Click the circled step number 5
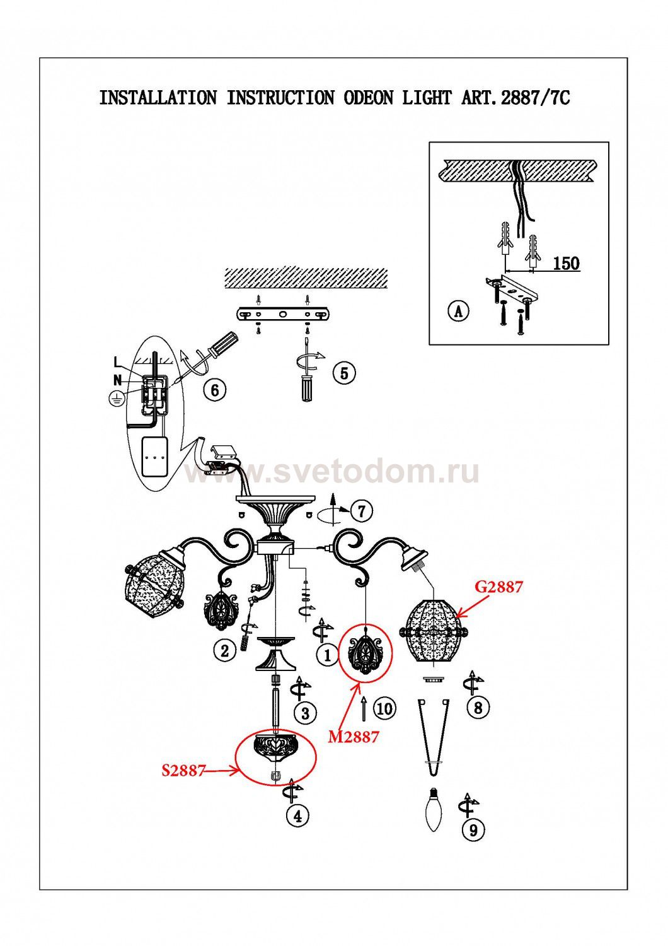(x=343, y=373)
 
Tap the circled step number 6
(x=215, y=390)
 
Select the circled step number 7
(x=361, y=511)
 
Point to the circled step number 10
(x=384, y=708)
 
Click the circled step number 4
(x=297, y=816)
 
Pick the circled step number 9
(x=473, y=830)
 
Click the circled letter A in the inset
(x=459, y=311)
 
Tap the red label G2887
(x=498, y=587)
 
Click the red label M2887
(x=354, y=736)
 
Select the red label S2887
(x=183, y=770)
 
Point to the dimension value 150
(x=566, y=263)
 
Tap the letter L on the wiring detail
(x=117, y=362)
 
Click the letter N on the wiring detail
(x=117, y=380)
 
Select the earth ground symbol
(x=115, y=398)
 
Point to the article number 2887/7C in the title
(x=534, y=98)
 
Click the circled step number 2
(x=225, y=650)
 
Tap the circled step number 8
(x=478, y=707)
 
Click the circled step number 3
(x=306, y=713)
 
